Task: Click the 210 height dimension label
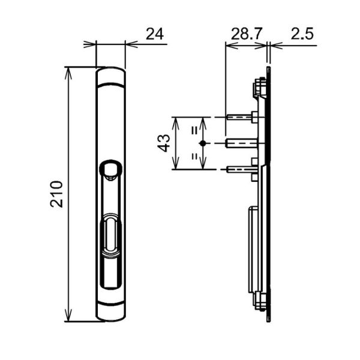(56, 194)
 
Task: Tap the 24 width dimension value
(155, 34)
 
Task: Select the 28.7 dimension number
(246, 34)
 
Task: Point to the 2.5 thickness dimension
(302, 34)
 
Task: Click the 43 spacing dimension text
(164, 143)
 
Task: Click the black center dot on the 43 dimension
(203, 143)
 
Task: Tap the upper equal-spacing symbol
(194, 131)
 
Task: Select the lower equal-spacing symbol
(194, 157)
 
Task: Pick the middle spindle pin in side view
(242, 143)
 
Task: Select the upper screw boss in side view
(259, 86)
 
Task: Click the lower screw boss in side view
(259, 301)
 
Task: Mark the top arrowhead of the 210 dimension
(68, 73)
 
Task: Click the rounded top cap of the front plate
(110, 76)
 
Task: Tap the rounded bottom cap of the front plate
(110, 312)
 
